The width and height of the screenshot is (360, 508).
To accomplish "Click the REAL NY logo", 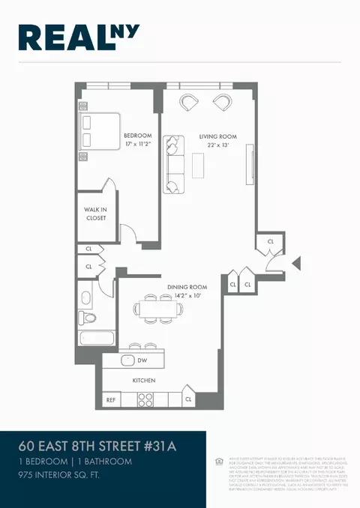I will click(79, 37).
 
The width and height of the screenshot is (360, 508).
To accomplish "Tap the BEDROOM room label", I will click(137, 136).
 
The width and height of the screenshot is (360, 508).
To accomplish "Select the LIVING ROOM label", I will click(218, 136).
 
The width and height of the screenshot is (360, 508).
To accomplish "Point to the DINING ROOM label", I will click(187, 287).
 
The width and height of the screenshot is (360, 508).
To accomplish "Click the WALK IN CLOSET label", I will click(95, 214).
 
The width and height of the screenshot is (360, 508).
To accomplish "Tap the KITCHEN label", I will click(144, 381).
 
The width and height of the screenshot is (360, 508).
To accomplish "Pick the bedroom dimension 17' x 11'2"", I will click(137, 145).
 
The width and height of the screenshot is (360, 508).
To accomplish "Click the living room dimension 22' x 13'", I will click(218, 145).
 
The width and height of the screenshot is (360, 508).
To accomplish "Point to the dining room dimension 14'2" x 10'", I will click(187, 296).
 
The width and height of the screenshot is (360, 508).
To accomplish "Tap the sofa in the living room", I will click(174, 163).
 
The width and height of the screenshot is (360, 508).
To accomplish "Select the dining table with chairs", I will click(157, 308).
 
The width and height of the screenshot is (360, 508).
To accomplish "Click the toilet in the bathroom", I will click(90, 318).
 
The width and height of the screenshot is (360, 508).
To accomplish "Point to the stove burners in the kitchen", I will click(145, 399).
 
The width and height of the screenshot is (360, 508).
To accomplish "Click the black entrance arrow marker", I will click(295, 263).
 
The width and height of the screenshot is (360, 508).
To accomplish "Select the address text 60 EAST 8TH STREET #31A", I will click(98, 447).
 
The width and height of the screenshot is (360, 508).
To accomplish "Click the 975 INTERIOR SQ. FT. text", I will click(65, 476).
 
